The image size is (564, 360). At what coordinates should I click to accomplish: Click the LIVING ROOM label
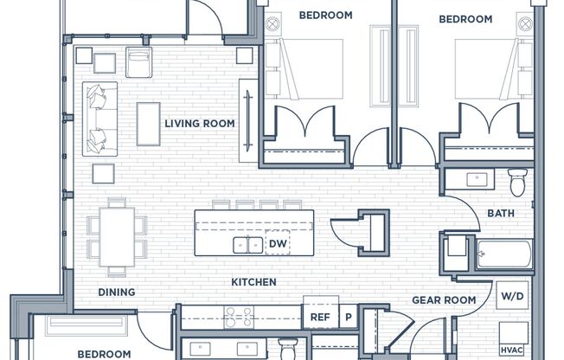(x=200, y=124)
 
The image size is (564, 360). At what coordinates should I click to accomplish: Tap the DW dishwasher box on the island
(x=278, y=243)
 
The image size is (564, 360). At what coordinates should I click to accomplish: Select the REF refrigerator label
(x=320, y=317)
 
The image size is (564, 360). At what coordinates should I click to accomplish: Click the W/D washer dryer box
(x=512, y=296)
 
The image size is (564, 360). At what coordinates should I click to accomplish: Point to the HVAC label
(x=512, y=350)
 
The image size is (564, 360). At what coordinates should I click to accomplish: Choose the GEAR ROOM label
(x=444, y=300)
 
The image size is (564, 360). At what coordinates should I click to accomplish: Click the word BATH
(x=501, y=213)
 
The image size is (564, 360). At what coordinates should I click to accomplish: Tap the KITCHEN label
(x=253, y=282)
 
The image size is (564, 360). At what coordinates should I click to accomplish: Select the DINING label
(x=117, y=292)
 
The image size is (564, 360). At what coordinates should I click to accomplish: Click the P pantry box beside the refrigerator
(x=349, y=317)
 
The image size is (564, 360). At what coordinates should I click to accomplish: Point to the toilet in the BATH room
(x=517, y=183)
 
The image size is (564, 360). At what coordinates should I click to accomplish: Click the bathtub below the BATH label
(x=504, y=254)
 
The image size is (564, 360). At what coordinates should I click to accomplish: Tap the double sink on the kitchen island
(x=247, y=245)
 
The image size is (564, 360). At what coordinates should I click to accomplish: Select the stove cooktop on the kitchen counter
(x=239, y=317)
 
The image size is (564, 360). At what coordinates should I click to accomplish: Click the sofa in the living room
(x=100, y=119)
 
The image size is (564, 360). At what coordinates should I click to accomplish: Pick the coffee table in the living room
(x=148, y=124)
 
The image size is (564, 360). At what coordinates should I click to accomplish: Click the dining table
(x=117, y=237)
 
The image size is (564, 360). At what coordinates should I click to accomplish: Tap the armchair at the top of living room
(x=138, y=62)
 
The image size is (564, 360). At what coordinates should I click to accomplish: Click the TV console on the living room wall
(x=248, y=120)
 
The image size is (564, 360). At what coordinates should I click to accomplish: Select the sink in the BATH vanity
(x=477, y=179)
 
